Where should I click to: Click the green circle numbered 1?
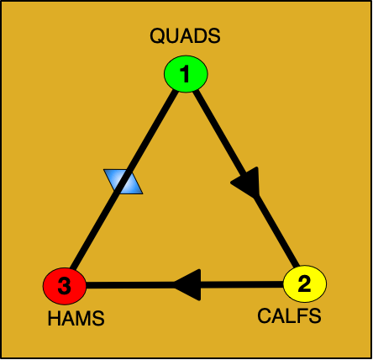185,76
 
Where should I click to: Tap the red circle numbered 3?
65,288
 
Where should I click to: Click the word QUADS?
185,36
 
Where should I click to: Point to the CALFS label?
288,317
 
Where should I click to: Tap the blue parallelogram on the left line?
123,182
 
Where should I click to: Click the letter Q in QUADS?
157,36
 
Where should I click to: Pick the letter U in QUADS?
171,36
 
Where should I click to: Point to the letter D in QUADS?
199,36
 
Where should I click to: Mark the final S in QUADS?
213,36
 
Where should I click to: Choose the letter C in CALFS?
263,317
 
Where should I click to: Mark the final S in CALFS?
314,317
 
